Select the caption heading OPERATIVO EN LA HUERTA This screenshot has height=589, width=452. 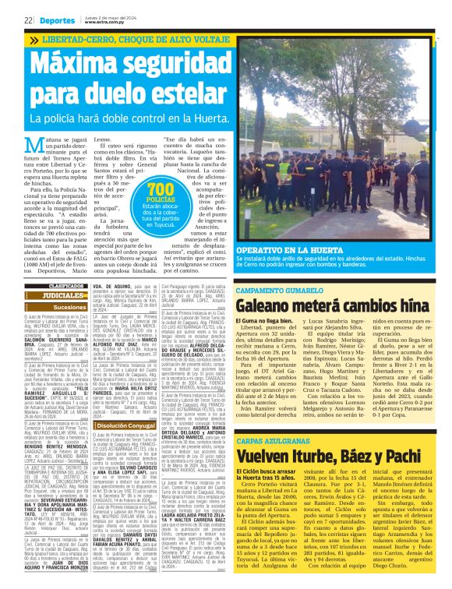(285, 249)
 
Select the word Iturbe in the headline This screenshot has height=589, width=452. (312, 454)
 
